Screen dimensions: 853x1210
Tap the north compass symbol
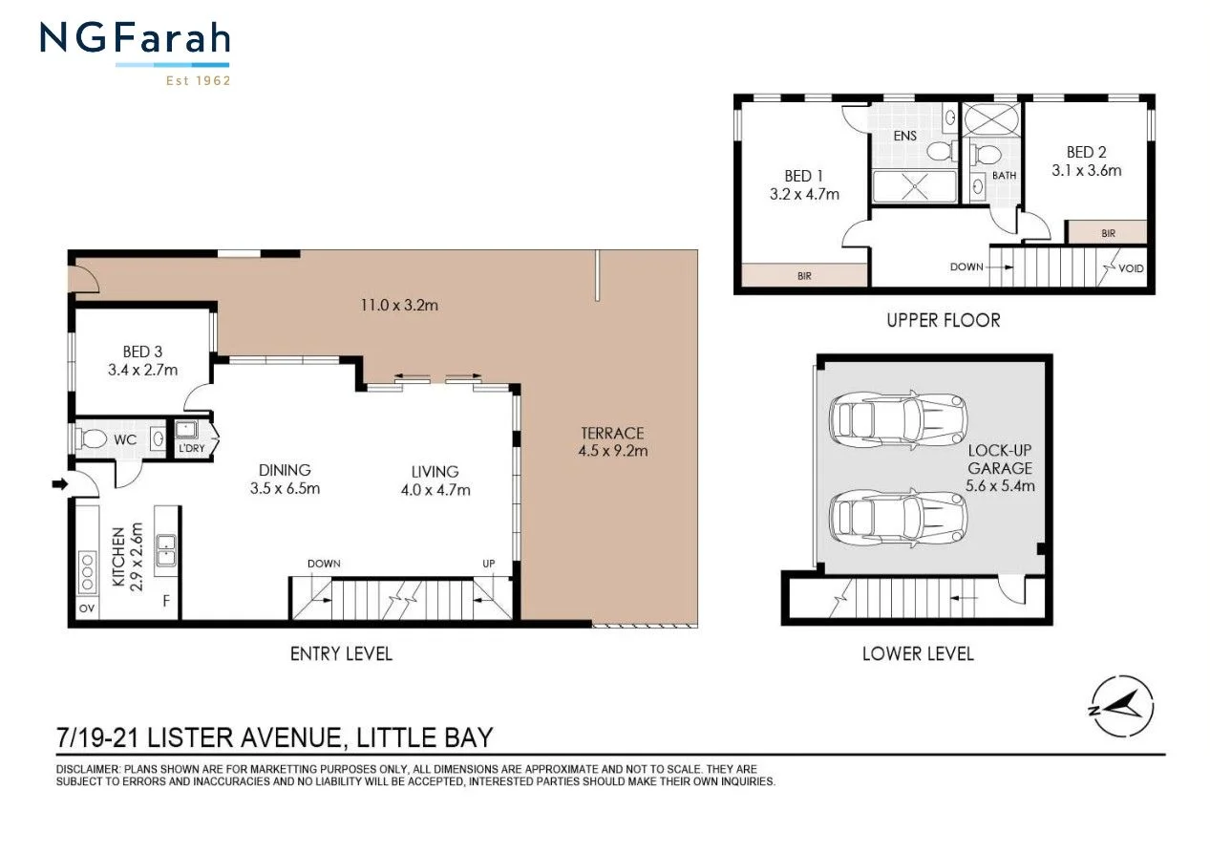[x=1121, y=707]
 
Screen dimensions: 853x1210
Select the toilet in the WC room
[x=93, y=439]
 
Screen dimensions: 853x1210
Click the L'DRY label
[x=191, y=447]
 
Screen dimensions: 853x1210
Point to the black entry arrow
[x=59, y=485]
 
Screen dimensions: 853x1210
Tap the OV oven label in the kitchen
[x=87, y=608]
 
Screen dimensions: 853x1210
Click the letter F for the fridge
[x=166, y=602]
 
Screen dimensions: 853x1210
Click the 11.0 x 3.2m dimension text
[x=399, y=306]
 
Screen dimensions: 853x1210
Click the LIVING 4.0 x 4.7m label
[x=435, y=480]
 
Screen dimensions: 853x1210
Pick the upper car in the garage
[x=899, y=418]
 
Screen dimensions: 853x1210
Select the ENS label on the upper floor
[x=905, y=136]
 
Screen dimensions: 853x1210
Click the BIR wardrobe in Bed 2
[x=1107, y=232]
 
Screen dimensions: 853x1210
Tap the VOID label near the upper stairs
[x=1132, y=268]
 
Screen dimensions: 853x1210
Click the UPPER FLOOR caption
[x=943, y=320]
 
